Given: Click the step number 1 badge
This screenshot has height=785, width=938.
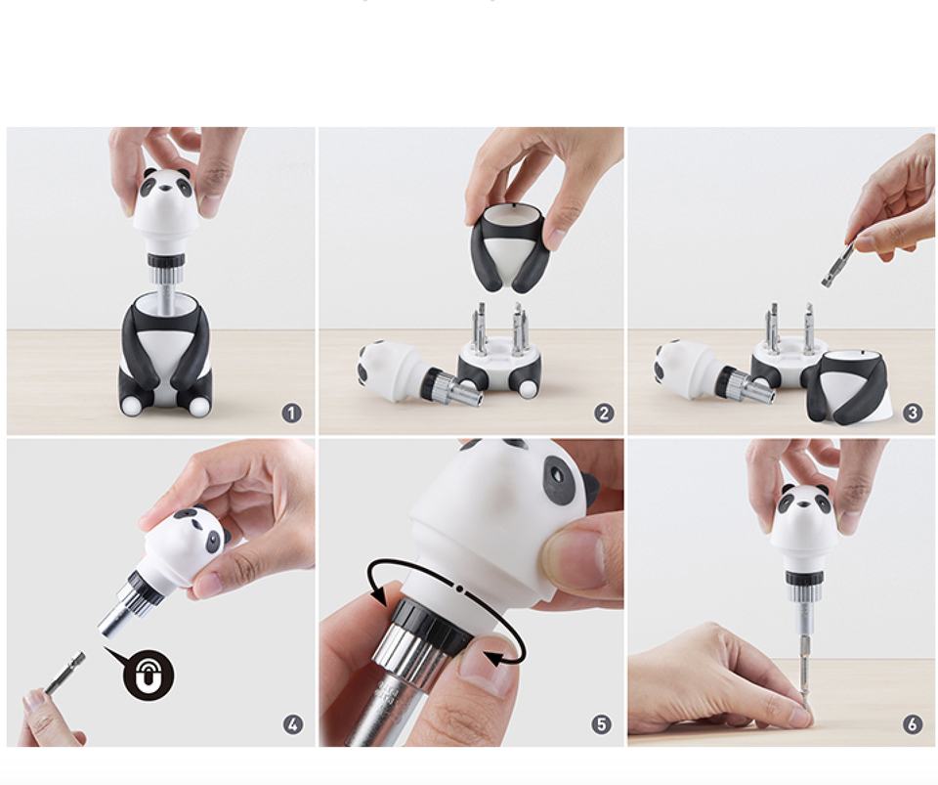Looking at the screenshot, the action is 292,413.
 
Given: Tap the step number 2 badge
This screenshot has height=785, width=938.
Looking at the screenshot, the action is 604,413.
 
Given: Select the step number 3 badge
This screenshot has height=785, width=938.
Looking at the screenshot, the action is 913,413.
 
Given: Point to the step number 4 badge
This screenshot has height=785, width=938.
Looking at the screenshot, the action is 292,724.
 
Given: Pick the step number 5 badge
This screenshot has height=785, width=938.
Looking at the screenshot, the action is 601,724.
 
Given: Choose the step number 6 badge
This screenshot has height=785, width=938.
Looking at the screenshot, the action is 913,724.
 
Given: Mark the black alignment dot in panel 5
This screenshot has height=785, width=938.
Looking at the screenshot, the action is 459,589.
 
